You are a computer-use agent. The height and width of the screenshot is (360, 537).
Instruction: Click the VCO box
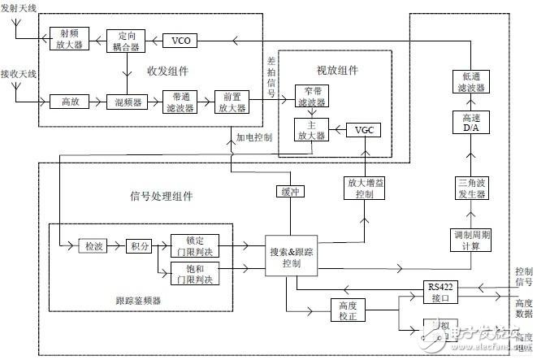180,40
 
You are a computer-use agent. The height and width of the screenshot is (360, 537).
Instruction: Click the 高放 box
69,102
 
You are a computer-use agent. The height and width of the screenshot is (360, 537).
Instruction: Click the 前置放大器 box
230,102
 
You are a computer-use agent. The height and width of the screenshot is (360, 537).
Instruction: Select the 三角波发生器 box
470,189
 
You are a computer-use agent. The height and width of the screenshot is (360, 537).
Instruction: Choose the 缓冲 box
289,192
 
